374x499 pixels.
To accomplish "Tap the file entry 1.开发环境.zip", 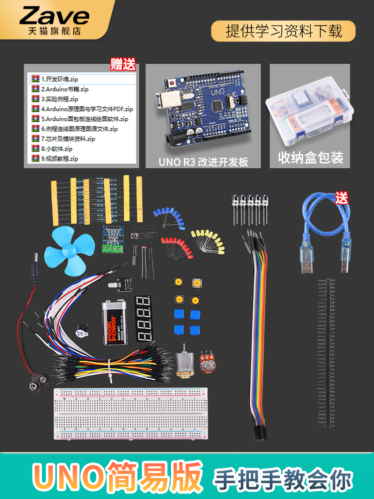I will (59, 79).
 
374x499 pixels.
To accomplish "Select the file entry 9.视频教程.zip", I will (59, 159).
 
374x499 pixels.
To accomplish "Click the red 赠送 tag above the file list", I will (123, 64).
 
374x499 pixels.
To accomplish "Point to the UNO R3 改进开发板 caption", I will (203, 162).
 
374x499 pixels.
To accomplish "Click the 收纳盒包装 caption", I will (310, 159).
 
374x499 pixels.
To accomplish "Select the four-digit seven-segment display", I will (143, 318).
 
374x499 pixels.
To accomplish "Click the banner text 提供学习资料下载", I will (284, 31).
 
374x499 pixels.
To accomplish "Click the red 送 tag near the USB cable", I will (342, 198).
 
